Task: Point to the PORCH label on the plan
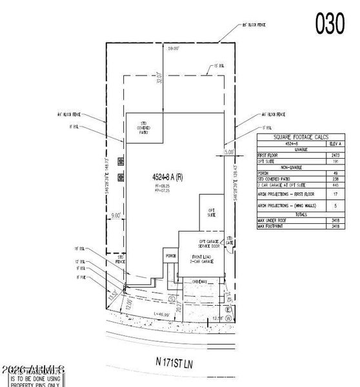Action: (x=171, y=256)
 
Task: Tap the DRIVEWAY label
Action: (x=203, y=282)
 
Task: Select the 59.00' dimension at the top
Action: (x=173, y=49)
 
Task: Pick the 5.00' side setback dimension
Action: (x=228, y=152)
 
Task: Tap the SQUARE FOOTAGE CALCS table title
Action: (x=301, y=137)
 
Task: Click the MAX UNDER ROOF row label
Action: (x=271, y=221)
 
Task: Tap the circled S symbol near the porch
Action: (x=171, y=299)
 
